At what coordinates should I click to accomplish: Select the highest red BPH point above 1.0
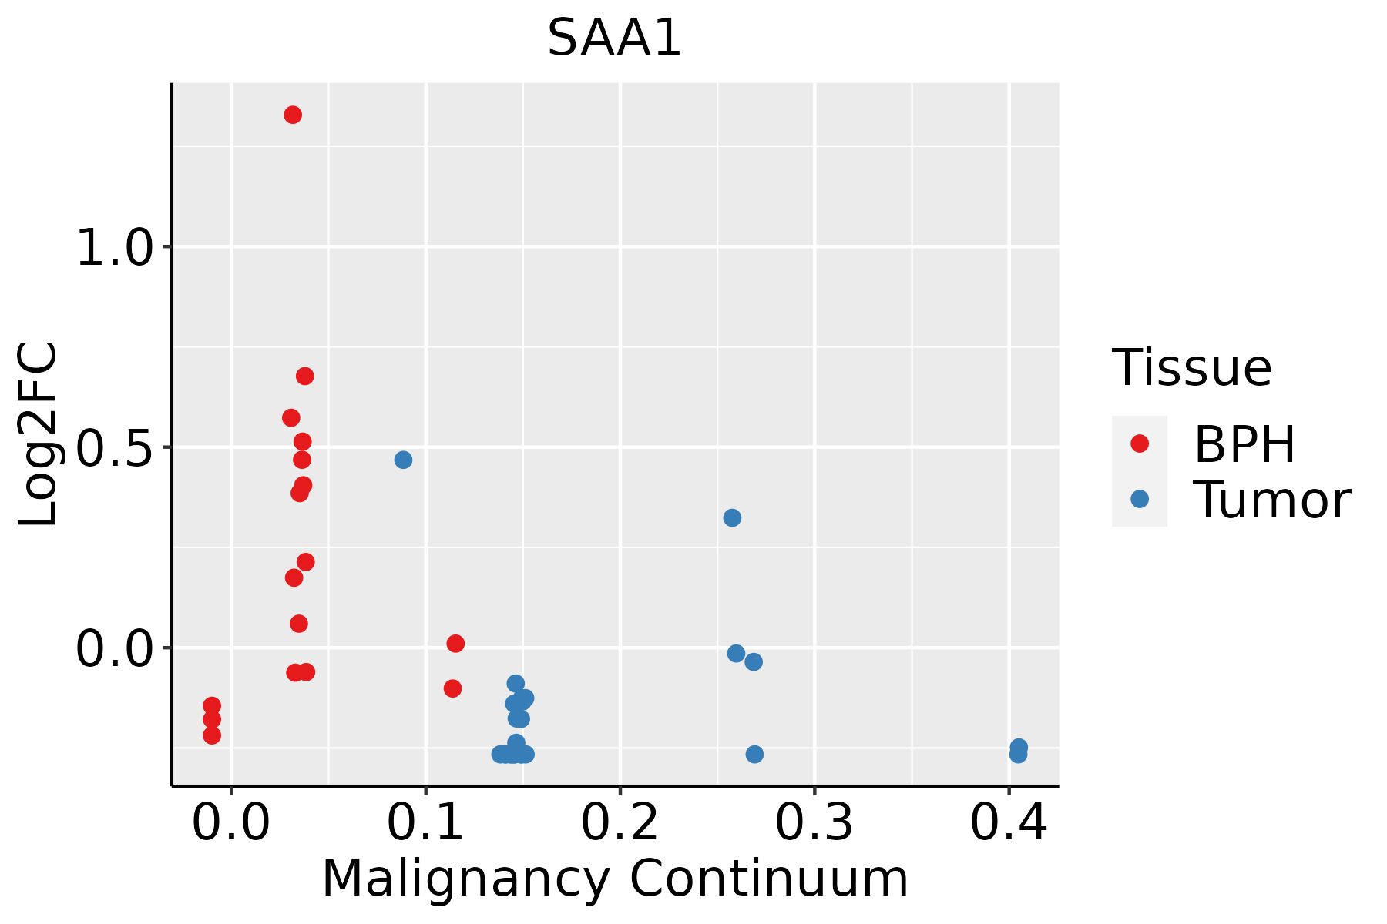tap(293, 115)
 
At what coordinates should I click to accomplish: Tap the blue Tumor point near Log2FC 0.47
tap(403, 460)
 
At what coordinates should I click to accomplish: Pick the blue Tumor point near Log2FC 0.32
tap(732, 517)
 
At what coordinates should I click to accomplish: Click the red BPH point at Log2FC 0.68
tap(305, 376)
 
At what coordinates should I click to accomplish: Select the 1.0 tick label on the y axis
tap(116, 249)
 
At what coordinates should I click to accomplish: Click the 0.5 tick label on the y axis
tap(116, 449)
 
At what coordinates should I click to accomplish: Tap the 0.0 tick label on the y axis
tap(116, 649)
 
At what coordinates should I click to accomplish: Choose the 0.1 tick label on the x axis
tap(425, 822)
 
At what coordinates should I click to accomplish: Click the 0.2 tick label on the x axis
tap(620, 822)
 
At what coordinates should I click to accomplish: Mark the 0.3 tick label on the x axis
tap(814, 822)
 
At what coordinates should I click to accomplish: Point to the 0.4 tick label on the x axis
tap(1008, 822)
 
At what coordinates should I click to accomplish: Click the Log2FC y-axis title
tap(39, 434)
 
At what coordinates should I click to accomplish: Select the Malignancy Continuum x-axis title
tap(615, 878)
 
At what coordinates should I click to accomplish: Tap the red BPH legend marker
tap(1140, 443)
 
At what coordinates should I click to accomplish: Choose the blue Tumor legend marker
tap(1140, 499)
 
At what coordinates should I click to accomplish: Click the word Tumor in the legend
tap(1271, 500)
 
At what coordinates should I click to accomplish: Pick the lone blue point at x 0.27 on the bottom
tap(754, 754)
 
